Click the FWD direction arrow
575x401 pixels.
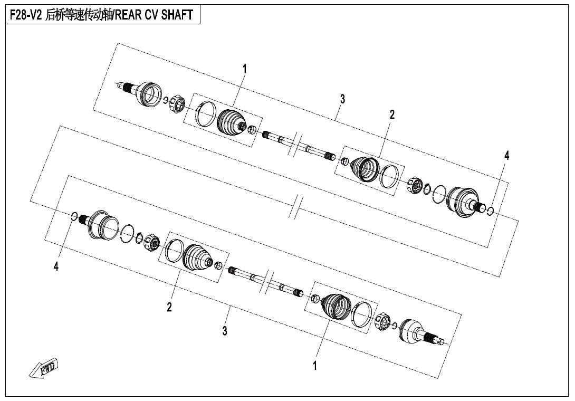click(x=43, y=368)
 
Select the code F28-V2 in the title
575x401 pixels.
click(x=25, y=15)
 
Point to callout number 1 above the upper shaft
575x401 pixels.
click(x=245, y=69)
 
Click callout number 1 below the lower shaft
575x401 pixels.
click(x=314, y=366)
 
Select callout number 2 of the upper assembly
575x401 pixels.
click(x=392, y=114)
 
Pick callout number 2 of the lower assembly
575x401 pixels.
click(x=169, y=307)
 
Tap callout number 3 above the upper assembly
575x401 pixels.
click(x=342, y=99)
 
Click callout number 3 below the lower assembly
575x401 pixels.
click(x=225, y=330)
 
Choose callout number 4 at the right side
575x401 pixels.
click(x=507, y=156)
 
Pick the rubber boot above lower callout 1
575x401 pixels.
click(x=337, y=306)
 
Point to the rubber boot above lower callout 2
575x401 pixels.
click(x=198, y=259)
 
